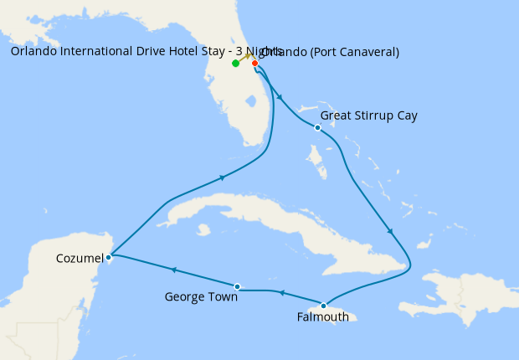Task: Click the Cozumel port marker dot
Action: click(x=109, y=257)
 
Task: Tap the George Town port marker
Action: click(x=238, y=286)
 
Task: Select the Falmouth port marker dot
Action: click(x=323, y=306)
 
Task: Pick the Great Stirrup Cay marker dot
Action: click(x=317, y=127)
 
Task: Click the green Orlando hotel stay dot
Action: click(x=236, y=63)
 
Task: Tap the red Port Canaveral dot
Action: click(x=254, y=63)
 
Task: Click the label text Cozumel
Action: click(x=80, y=258)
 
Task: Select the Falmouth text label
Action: click(x=323, y=317)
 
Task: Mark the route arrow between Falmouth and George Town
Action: click(x=281, y=293)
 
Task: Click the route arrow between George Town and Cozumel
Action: click(x=173, y=270)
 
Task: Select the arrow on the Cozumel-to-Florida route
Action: click(x=222, y=177)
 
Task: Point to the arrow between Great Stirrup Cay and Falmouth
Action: click(x=390, y=231)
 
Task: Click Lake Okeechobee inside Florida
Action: click(x=250, y=102)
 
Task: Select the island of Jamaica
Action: click(x=343, y=316)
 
